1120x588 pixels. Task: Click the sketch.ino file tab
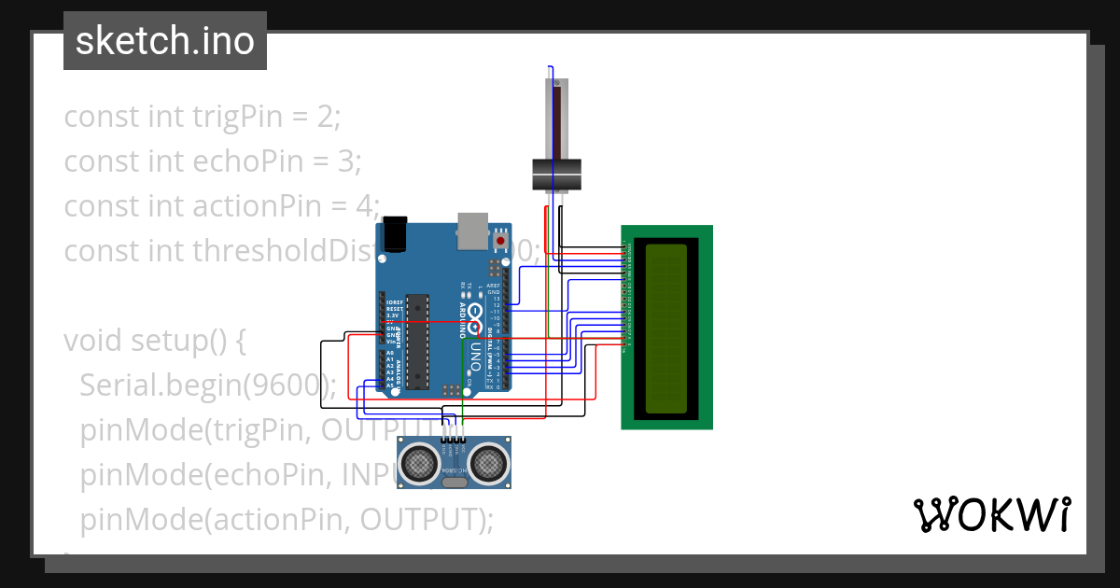click(x=165, y=41)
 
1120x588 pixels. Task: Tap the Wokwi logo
click(x=991, y=514)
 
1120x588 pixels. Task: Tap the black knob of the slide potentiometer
click(x=556, y=174)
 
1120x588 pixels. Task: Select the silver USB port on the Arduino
click(x=472, y=231)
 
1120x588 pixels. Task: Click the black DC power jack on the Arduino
click(x=396, y=232)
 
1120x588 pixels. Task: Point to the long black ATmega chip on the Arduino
click(x=418, y=341)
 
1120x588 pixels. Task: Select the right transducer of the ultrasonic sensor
click(x=488, y=461)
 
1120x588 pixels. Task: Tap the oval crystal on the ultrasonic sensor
click(x=455, y=483)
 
